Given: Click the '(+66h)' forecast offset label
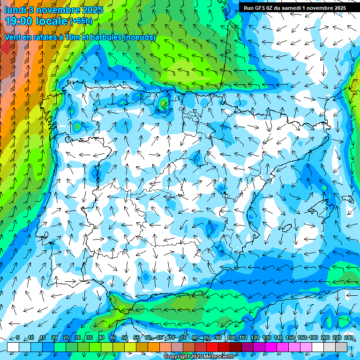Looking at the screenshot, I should pyautogui.click(x=81, y=21).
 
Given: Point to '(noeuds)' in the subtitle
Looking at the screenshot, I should pyautogui.click(x=139, y=37).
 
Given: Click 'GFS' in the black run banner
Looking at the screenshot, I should pyautogui.click(x=260, y=7).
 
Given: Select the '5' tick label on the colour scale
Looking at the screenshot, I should pyautogui.click(x=17, y=337).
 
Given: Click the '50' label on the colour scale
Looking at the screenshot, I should pyautogui.click(x=125, y=337).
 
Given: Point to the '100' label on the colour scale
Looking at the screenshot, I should pyautogui.click(x=231, y=337).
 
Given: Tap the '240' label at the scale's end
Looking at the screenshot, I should pyautogui.click(x=349, y=337).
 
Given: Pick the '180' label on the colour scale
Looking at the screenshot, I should pyautogui.click(x=314, y=337).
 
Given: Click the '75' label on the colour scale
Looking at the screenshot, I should pyautogui.click(x=183, y=337).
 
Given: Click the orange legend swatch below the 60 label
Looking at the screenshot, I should pyautogui.click(x=154, y=346).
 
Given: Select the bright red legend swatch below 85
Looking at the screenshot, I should pyautogui.click(x=212, y=346).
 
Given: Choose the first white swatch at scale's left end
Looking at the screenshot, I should pyautogui.click(x=13, y=346).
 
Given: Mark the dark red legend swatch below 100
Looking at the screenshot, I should pyautogui.click(x=236, y=346).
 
